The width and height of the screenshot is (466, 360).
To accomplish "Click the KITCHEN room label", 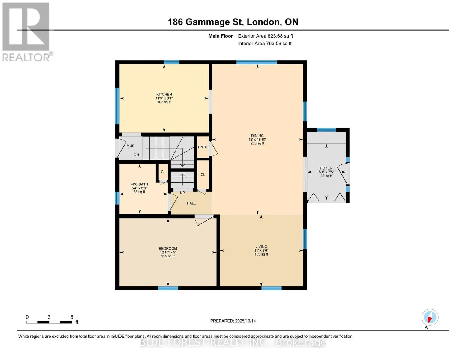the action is click(x=164, y=94).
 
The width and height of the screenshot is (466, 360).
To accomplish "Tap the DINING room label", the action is click(x=257, y=136).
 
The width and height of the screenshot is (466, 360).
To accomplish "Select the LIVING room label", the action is click(x=261, y=247).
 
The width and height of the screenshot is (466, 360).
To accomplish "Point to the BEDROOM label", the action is click(x=168, y=248).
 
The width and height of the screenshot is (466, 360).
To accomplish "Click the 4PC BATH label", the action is click(x=139, y=184).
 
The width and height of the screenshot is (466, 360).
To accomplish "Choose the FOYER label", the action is click(x=326, y=168).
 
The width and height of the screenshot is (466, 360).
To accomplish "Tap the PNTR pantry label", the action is click(x=203, y=147).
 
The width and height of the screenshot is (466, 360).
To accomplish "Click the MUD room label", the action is click(x=131, y=146).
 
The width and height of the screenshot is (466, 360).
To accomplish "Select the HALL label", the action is click(x=191, y=203).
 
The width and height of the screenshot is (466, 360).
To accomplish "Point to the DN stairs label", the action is click(x=136, y=155).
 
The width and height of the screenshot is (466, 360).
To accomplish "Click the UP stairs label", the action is click(x=182, y=193).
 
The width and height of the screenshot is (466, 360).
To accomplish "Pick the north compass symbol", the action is click(x=430, y=317).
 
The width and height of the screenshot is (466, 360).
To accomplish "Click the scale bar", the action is click(x=49, y=322).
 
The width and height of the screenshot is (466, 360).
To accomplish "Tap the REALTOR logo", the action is click(x=27, y=32).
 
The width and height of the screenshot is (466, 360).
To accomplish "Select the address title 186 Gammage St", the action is click(x=206, y=22).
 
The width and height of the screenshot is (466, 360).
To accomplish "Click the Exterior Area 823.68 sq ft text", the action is click(x=266, y=36).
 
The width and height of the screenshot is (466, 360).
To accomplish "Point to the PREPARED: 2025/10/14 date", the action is click(x=233, y=321).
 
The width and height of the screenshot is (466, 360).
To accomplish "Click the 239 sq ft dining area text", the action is click(x=257, y=143).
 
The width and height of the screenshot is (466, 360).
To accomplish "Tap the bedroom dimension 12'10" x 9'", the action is click(x=168, y=252).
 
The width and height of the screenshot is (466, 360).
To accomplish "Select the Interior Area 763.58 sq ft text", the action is click(x=265, y=43).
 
